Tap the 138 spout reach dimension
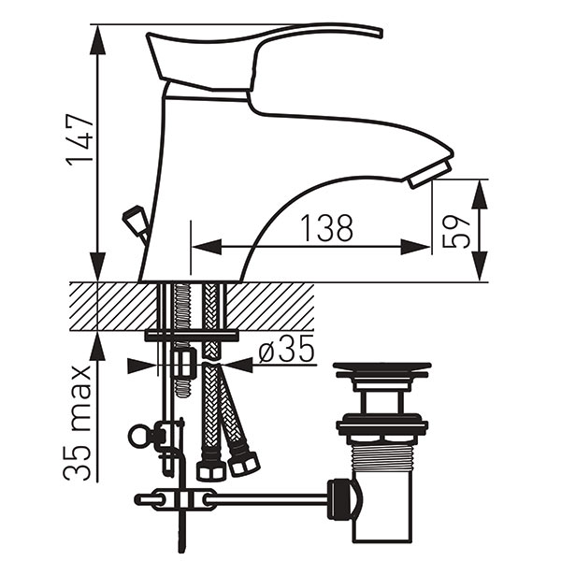pos(327,228)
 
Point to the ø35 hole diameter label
pos(286,348)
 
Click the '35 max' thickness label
pos(78,424)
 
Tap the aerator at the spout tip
pos(430,174)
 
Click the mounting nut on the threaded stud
pos(185,363)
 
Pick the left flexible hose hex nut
pos(211,469)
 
